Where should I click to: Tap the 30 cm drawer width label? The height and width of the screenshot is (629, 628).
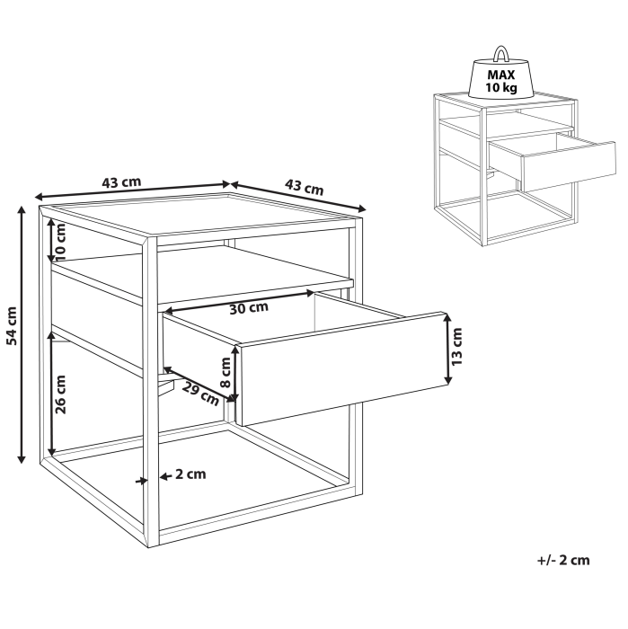(x=248, y=308)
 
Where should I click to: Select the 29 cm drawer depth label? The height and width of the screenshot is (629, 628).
(x=201, y=392)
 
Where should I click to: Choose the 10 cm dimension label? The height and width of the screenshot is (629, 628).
(x=61, y=240)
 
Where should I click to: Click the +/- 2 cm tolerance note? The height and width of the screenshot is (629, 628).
(x=563, y=560)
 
